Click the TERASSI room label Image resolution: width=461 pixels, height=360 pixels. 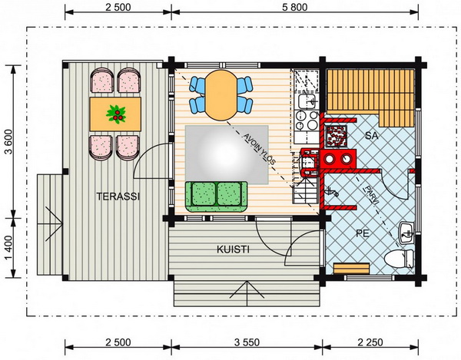(x=118, y=197)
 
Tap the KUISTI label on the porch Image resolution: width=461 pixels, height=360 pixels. (x=233, y=249)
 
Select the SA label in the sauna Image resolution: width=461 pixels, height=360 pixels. (x=372, y=136)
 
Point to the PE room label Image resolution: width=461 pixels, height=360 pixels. (x=363, y=233)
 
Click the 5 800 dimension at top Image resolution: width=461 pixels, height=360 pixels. (x=295, y=7)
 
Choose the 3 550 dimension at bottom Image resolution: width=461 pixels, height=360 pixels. (x=247, y=342)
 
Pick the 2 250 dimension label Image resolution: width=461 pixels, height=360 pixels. (x=370, y=342)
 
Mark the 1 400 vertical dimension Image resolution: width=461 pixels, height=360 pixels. (x=8, y=248)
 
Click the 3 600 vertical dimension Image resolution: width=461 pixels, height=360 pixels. (x=8, y=141)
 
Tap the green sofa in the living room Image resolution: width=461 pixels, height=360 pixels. (x=217, y=197)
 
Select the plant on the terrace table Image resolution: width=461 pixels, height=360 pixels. (x=116, y=114)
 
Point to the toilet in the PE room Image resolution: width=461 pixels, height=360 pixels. (x=399, y=259)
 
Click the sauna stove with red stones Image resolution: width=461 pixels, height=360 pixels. (x=337, y=136)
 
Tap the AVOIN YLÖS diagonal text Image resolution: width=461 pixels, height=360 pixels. (x=259, y=149)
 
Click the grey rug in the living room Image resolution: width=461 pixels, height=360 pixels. (x=227, y=155)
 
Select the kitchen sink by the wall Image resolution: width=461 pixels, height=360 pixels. (x=307, y=101)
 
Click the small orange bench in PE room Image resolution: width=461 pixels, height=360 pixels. (x=352, y=269)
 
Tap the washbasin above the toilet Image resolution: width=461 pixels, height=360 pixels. (x=406, y=233)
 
